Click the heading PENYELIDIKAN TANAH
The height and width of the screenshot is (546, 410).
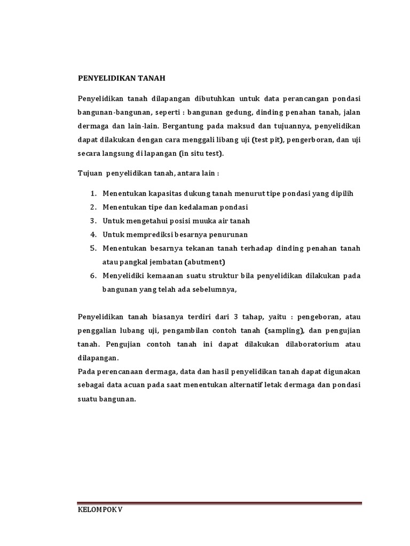(122, 78)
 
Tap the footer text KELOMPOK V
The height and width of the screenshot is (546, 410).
(99, 510)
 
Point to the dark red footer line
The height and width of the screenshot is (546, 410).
(219, 502)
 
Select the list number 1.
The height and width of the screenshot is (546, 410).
(92, 194)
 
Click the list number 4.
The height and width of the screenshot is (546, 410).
(92, 235)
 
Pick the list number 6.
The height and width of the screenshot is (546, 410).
(92, 276)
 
